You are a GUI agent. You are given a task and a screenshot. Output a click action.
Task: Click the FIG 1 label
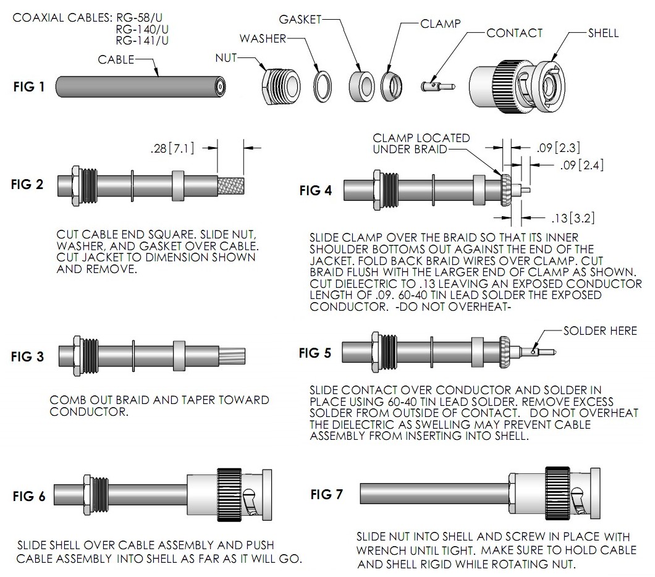coord(28,87)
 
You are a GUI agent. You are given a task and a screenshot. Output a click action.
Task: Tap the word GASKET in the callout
coord(300,19)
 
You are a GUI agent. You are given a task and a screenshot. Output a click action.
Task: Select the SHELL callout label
coord(603,33)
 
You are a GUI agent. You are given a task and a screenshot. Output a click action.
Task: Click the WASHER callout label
coord(263,39)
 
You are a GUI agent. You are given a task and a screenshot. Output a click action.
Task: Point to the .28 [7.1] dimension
coord(173,148)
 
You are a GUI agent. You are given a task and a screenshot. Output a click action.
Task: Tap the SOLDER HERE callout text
coord(599,331)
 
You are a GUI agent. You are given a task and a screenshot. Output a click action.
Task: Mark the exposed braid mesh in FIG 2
coord(232,185)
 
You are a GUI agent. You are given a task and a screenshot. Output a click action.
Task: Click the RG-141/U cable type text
coord(142,41)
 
